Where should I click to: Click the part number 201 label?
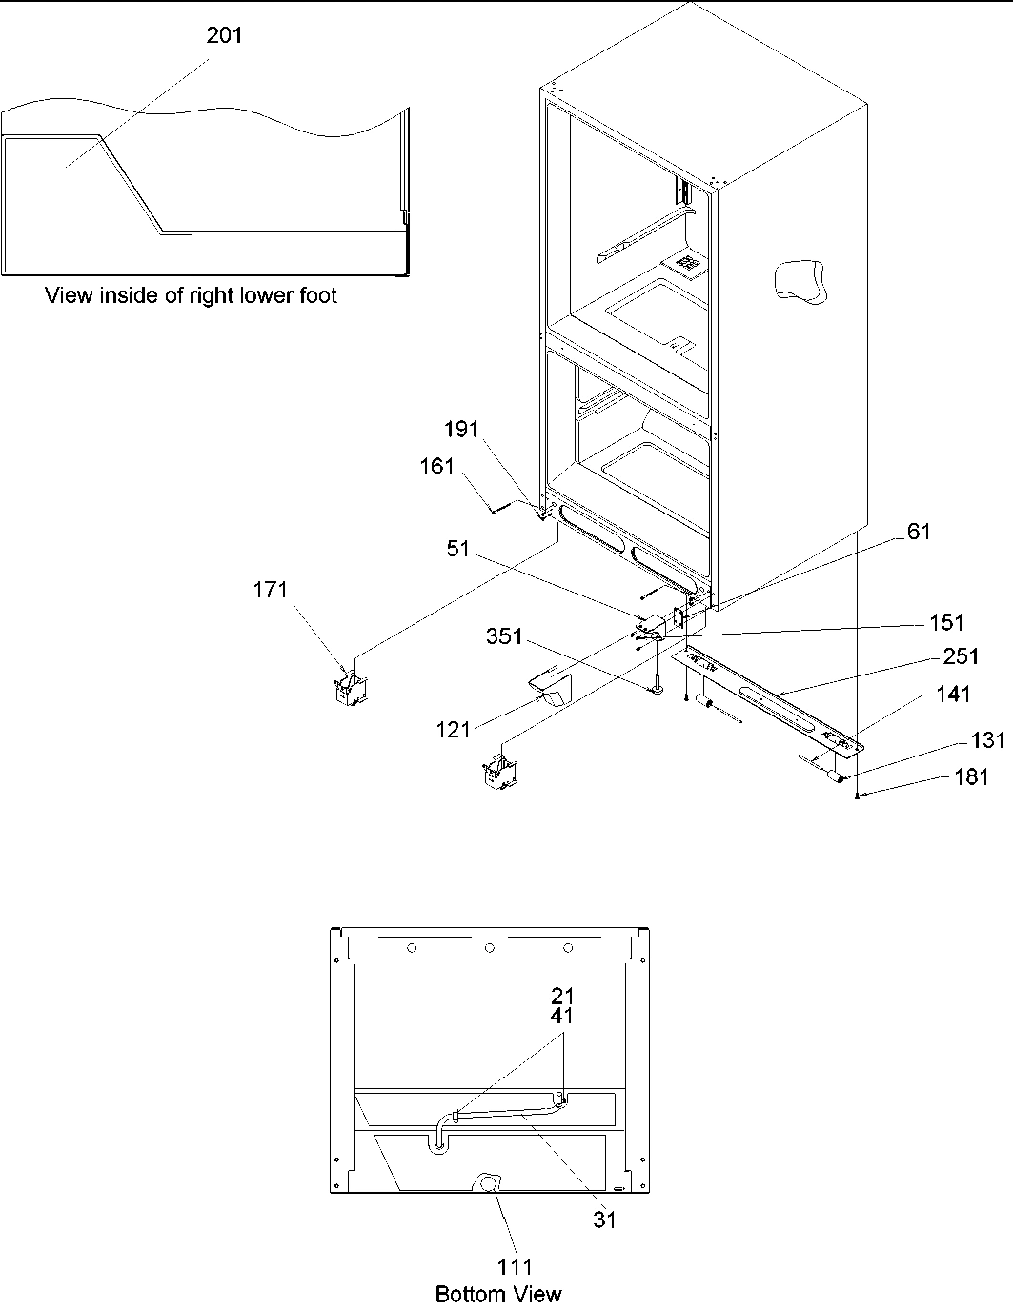[x=225, y=36]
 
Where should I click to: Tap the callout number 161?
[x=438, y=467]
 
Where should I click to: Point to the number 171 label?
[x=270, y=591]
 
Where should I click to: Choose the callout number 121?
[x=454, y=729]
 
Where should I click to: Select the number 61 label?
[x=918, y=532]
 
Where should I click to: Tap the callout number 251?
[x=960, y=656]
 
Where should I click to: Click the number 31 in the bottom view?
[x=604, y=1219]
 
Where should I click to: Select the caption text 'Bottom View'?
[x=498, y=1294]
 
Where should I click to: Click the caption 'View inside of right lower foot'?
[x=192, y=295]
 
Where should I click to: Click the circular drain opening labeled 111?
[x=489, y=1183]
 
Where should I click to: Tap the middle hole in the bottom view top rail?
[x=489, y=948]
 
